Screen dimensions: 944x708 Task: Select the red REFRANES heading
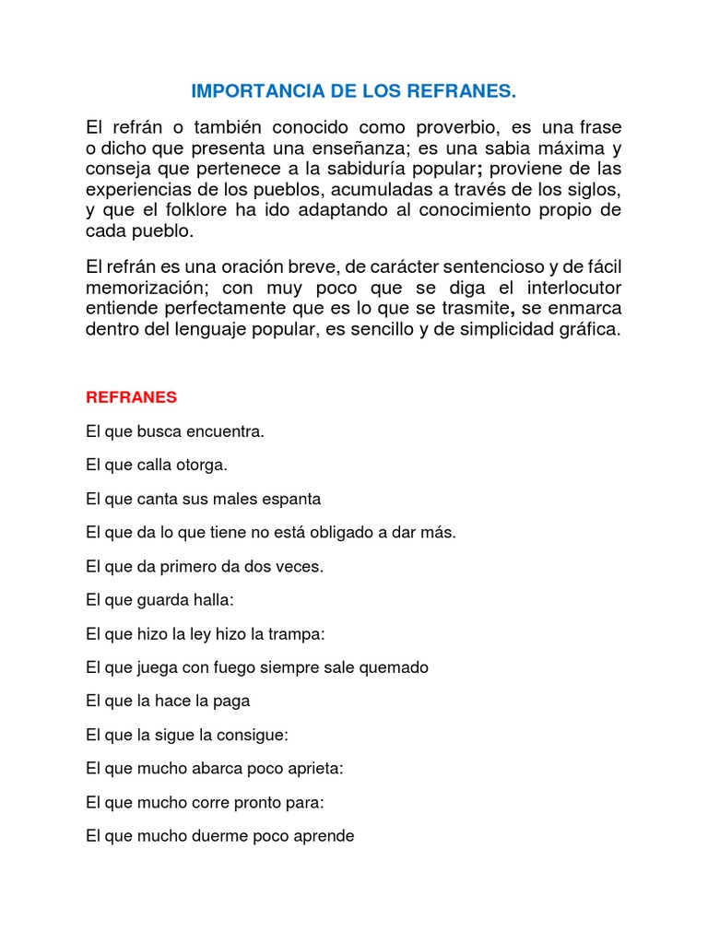click(131, 397)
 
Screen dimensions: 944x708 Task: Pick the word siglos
click(591, 190)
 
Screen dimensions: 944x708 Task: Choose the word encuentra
click(227, 431)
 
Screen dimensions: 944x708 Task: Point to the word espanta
click(290, 499)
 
